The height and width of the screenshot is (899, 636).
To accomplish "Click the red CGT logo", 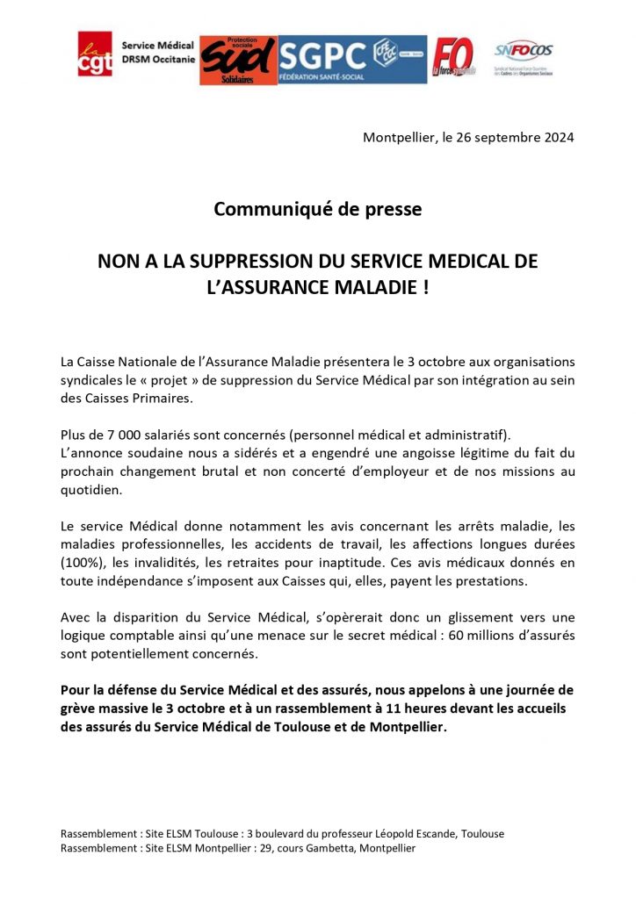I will click(x=95, y=54).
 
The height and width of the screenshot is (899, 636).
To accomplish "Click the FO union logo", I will click(x=452, y=58).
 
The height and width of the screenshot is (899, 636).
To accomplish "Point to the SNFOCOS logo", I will click(x=524, y=52).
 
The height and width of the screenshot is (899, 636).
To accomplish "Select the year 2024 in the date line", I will click(x=556, y=138).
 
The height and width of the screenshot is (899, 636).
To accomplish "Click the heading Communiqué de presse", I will click(x=317, y=211).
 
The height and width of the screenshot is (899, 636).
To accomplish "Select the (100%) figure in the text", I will click(x=84, y=562).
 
